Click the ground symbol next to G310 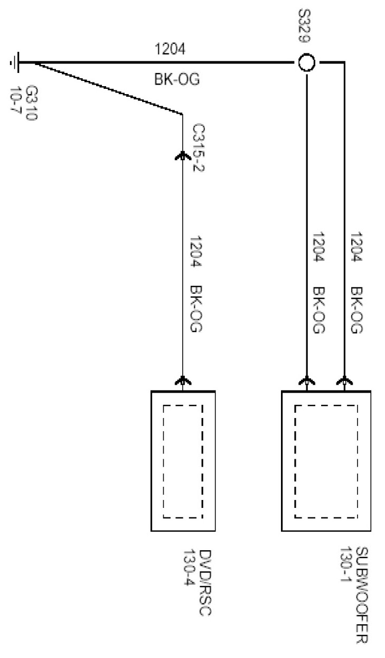pos(14,63)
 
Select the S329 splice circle pos(307,63)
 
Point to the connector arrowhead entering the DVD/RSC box pos(183,380)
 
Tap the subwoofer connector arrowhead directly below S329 pos(307,380)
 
